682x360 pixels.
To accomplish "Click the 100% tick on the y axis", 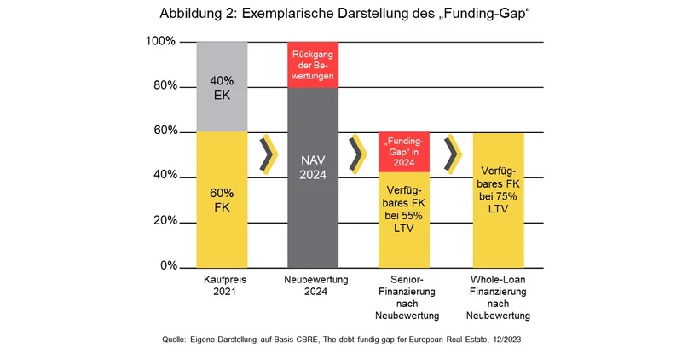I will (x=161, y=41).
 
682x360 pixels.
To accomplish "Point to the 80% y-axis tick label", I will (x=164, y=86).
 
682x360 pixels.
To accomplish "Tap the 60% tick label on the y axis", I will (x=164, y=131).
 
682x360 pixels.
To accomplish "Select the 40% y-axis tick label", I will (x=164, y=176).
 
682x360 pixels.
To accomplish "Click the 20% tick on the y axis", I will (x=164, y=221).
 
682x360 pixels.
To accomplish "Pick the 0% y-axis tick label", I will (x=167, y=266).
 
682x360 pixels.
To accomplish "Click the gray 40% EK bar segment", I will (x=222, y=86).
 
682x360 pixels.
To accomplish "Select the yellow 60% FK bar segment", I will (x=222, y=199).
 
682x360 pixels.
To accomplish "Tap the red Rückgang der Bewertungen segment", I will (x=312, y=64).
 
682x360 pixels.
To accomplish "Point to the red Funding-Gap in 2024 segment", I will (x=404, y=152).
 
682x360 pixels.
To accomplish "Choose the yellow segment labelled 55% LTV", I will (x=404, y=219).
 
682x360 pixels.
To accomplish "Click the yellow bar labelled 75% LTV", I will (x=498, y=199).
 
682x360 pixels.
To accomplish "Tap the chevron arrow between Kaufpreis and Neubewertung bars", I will (x=269, y=154).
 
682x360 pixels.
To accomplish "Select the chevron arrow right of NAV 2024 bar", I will (x=358, y=154).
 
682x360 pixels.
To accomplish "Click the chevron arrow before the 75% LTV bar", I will (x=452, y=154).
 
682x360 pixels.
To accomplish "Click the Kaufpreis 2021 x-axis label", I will (x=222, y=286).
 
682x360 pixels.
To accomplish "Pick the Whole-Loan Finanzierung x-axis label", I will (x=498, y=298).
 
